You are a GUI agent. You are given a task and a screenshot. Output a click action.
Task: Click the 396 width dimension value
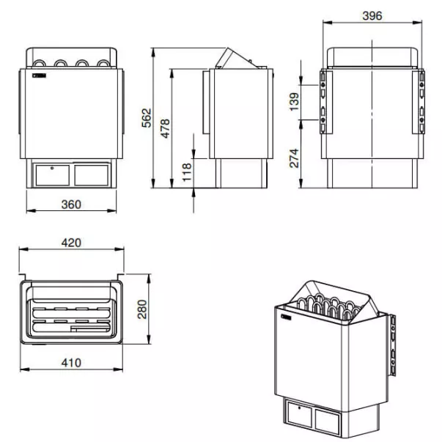(x=372, y=16)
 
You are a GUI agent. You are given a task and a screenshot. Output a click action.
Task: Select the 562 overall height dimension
(x=147, y=118)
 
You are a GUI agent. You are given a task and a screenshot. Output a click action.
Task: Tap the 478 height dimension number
(x=166, y=128)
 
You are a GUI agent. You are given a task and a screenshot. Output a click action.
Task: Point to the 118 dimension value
(x=187, y=172)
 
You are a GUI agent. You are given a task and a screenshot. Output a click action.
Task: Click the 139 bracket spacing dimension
(x=294, y=102)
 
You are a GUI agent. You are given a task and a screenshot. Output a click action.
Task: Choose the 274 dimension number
(x=294, y=158)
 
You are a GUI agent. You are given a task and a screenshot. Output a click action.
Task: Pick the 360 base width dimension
(x=71, y=205)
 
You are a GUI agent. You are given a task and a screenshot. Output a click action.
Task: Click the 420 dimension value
(x=71, y=243)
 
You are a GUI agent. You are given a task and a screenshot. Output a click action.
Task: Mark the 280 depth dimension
(x=142, y=309)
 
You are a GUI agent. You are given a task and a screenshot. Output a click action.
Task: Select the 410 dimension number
(x=71, y=363)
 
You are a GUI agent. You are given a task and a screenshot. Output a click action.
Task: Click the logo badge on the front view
(x=39, y=75)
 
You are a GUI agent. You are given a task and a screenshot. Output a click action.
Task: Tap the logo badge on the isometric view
(x=286, y=317)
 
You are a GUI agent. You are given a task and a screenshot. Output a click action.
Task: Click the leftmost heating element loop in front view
(x=39, y=64)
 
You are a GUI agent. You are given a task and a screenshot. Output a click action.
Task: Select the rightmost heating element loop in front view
(x=103, y=64)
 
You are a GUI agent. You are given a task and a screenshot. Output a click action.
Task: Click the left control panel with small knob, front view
(x=53, y=175)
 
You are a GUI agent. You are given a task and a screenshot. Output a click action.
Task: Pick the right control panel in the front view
(x=92, y=175)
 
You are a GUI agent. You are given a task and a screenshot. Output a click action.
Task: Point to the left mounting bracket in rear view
(x=326, y=102)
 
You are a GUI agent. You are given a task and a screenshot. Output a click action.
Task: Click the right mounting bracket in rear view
(x=419, y=102)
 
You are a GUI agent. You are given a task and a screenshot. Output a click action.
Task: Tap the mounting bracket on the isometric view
(x=392, y=345)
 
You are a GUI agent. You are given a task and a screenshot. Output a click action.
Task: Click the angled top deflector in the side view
(x=237, y=59)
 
